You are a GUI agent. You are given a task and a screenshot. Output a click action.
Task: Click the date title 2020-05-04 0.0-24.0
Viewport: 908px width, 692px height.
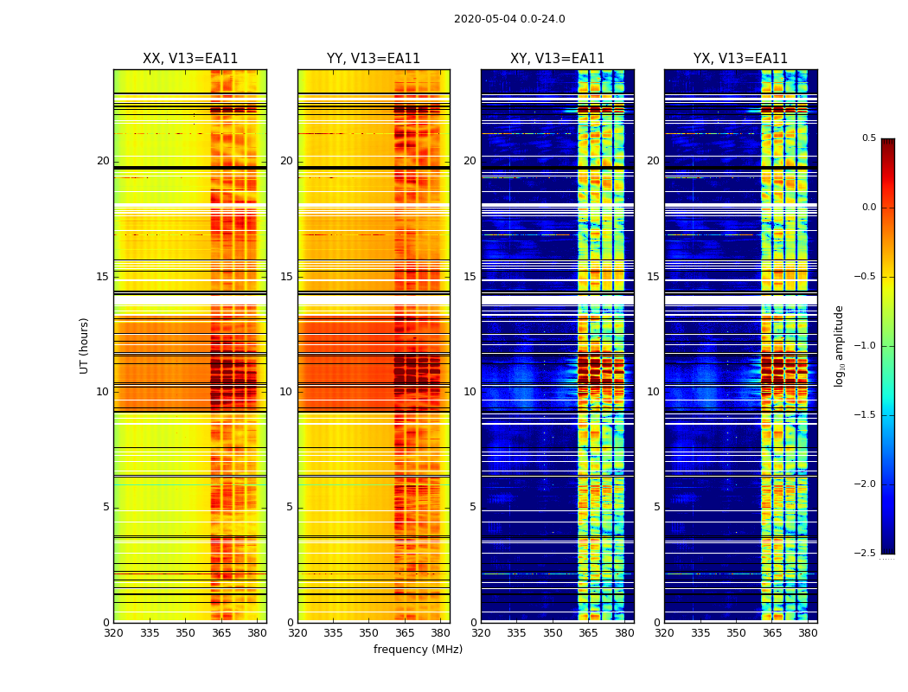(x=509, y=19)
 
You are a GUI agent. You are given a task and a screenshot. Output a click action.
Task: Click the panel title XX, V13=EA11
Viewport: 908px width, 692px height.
(x=190, y=59)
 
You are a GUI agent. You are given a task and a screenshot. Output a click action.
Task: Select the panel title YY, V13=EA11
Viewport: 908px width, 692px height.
(x=374, y=59)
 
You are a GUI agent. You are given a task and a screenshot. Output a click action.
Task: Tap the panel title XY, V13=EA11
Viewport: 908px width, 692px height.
(x=557, y=59)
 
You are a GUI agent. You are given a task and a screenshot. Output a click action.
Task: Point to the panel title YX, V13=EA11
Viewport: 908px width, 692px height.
(x=740, y=59)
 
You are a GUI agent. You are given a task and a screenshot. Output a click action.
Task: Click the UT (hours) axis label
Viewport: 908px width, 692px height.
(x=85, y=345)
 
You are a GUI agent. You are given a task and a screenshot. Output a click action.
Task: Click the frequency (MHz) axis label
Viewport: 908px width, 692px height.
(x=418, y=650)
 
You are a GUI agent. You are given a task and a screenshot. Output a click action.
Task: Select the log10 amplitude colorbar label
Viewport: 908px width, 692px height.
(x=839, y=345)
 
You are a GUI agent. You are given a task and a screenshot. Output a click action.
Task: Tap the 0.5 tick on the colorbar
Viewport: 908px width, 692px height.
(x=868, y=138)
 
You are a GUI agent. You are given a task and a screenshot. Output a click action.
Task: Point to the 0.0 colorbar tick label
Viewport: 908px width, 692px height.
(x=868, y=208)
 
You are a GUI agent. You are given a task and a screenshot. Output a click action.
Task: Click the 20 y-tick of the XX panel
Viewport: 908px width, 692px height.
(x=103, y=161)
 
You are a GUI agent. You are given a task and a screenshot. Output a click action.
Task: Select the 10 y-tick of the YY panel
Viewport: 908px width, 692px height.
(x=286, y=392)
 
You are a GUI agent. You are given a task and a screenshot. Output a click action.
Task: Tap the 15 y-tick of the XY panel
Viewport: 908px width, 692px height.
(x=470, y=277)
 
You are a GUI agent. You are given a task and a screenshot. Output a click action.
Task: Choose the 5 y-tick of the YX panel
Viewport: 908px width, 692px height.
(x=656, y=507)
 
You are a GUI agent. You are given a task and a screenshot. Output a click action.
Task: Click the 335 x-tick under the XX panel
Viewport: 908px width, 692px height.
(x=150, y=633)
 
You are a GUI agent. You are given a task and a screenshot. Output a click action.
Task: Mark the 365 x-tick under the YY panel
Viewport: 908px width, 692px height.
(x=405, y=633)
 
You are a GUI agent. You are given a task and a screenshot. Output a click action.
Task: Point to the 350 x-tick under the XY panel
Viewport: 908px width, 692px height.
(x=553, y=633)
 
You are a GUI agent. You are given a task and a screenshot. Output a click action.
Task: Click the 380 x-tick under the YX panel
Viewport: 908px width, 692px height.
(x=808, y=633)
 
